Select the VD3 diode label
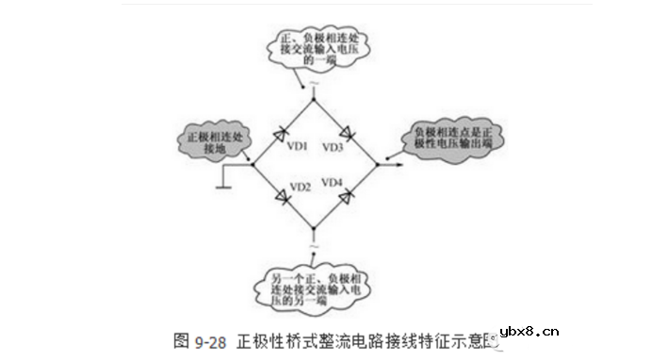(333, 148)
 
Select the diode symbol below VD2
(284, 196)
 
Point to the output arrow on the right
(396, 164)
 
